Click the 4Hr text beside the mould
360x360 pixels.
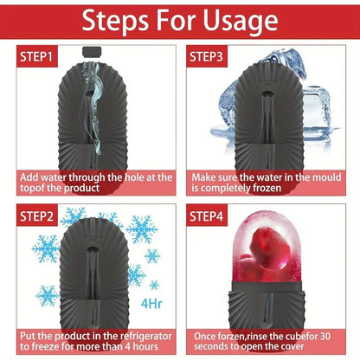pyautogui.click(x=149, y=304)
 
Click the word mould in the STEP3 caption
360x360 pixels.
pyautogui.click(x=317, y=176)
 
